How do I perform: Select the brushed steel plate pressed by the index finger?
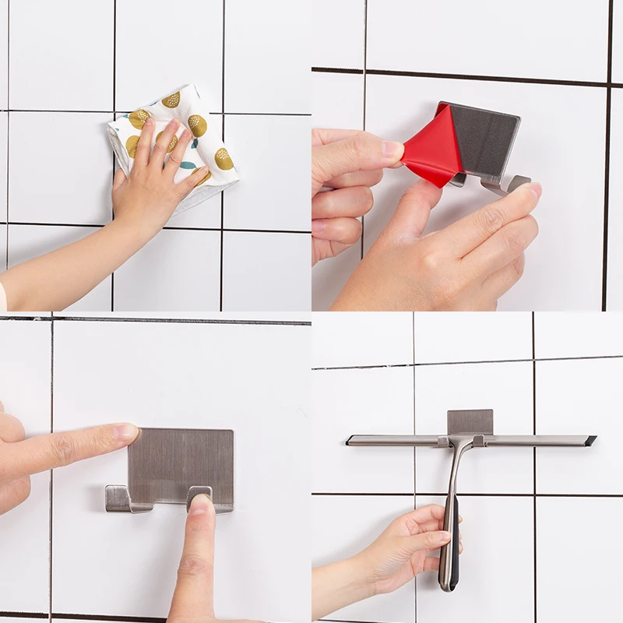[183, 459]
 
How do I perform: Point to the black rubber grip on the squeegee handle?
[451, 537]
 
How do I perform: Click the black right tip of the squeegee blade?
[591, 441]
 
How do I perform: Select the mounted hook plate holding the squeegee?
[470, 421]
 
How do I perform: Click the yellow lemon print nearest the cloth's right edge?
[224, 159]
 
